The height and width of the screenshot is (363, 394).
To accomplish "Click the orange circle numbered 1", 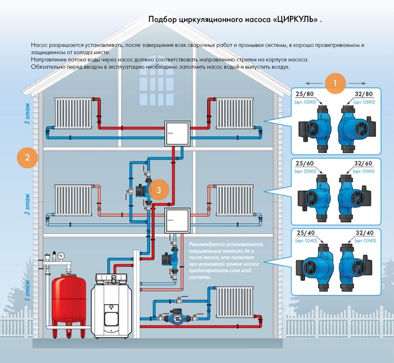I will (x=335, y=83).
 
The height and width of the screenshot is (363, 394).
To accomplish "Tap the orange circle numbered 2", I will (x=27, y=157).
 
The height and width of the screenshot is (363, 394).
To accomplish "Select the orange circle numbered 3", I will (x=159, y=190).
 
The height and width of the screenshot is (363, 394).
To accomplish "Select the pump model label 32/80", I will (x=364, y=93).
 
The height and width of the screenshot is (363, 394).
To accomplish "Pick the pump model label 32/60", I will (x=364, y=163).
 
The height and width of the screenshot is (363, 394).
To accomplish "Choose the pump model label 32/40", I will (x=364, y=233).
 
